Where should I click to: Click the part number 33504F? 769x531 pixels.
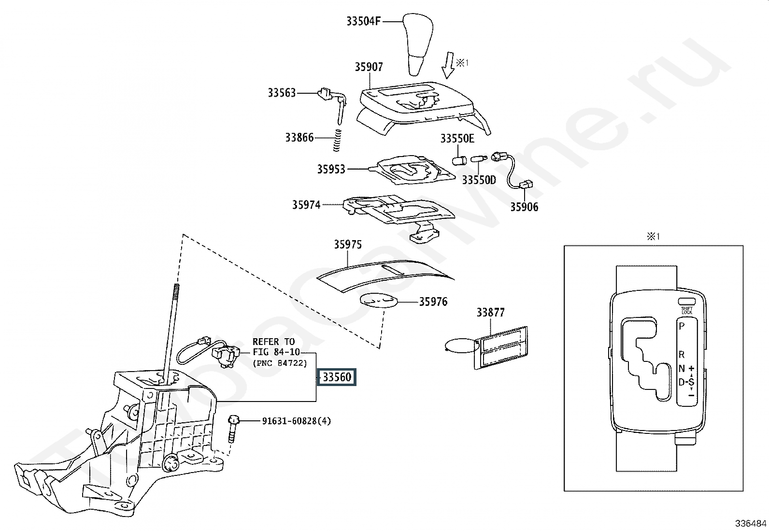pos(364,21)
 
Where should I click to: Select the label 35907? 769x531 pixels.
pos(369,67)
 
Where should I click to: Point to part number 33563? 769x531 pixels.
pos(282,93)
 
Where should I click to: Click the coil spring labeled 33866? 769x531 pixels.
pos(338,140)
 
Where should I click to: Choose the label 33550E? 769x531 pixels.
pos(457,138)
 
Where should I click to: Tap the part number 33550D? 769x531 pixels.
pos(479,180)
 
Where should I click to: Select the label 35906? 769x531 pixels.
pos(524,207)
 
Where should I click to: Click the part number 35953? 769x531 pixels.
pos(331,169)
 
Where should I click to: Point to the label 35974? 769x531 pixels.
pos(306,205)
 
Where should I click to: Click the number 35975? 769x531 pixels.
pos(348,244)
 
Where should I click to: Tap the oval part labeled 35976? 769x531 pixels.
pos(378,301)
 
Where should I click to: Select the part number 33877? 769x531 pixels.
pos(491,312)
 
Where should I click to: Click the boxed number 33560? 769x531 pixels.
pos(337,377)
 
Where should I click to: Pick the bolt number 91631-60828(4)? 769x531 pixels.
pos(297,421)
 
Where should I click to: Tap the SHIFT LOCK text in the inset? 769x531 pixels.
pos(687,311)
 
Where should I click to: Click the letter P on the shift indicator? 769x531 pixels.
pos(682,326)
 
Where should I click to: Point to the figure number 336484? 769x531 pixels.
pos(751,523)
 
